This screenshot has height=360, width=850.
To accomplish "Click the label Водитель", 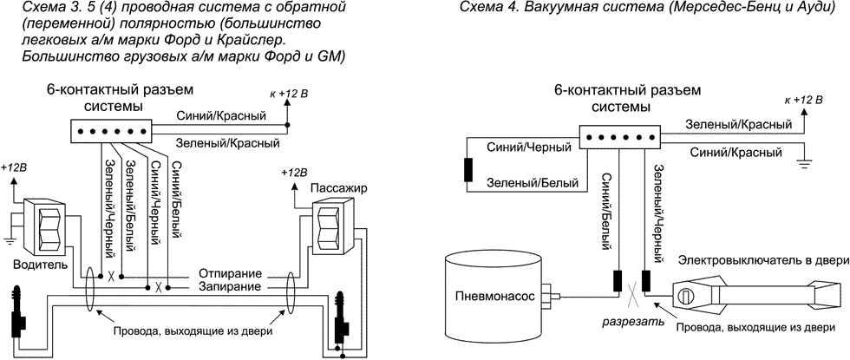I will (34, 263).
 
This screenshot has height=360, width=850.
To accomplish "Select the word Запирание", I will (229, 286).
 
